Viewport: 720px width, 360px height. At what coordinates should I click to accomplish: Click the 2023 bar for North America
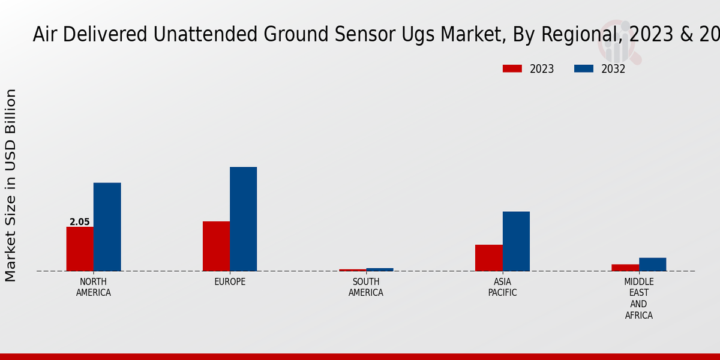[80, 248]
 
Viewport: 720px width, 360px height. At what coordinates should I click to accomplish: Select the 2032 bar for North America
[107, 227]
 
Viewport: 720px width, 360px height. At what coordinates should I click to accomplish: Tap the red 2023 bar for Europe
[216, 246]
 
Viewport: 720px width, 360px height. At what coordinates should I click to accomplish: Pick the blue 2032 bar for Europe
[243, 219]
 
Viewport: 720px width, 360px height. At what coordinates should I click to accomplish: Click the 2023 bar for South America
[352, 270]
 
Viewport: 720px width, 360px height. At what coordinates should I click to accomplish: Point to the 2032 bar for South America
[380, 269]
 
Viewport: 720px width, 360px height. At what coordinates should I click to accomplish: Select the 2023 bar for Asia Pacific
[488, 257]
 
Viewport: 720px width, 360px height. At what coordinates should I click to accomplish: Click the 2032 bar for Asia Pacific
[516, 241]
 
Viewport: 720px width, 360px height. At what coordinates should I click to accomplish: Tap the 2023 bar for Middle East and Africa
[625, 268]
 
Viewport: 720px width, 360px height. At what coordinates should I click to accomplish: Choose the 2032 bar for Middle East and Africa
[652, 264]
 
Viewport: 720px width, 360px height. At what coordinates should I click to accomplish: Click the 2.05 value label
[80, 222]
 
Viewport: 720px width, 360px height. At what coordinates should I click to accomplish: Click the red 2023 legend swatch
[512, 69]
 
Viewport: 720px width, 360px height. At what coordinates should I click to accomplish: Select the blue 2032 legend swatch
[584, 69]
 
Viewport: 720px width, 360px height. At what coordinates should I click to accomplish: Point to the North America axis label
[94, 287]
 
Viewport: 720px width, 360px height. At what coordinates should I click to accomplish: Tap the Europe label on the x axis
[230, 282]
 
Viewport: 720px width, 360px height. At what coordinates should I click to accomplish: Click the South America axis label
[366, 287]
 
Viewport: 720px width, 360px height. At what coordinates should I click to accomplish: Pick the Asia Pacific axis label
[502, 287]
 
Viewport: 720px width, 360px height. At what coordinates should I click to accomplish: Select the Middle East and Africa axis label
[639, 298]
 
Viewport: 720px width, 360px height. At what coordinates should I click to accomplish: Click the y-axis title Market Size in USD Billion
[11, 185]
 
